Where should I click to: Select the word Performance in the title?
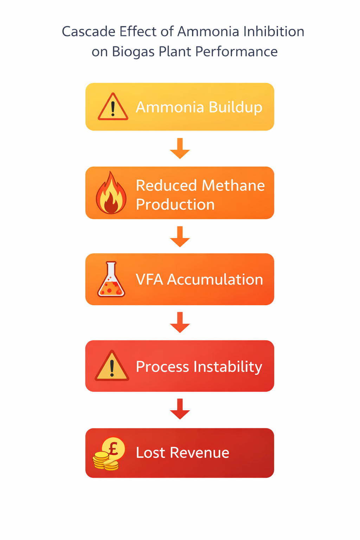click(x=236, y=52)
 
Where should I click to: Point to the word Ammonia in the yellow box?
click(x=169, y=107)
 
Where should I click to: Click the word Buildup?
click(x=235, y=107)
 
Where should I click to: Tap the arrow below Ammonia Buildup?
click(x=180, y=148)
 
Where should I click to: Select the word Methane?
click(x=233, y=185)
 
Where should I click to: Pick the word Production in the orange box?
click(x=175, y=205)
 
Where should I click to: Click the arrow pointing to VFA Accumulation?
click(x=180, y=237)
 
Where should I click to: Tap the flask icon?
click(x=111, y=279)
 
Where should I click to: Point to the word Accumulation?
click(x=215, y=279)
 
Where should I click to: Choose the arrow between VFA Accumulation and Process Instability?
click(x=180, y=322)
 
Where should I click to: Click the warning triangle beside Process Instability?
click(x=112, y=366)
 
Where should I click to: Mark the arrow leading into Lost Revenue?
click(x=180, y=409)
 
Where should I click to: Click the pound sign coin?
click(x=113, y=449)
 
